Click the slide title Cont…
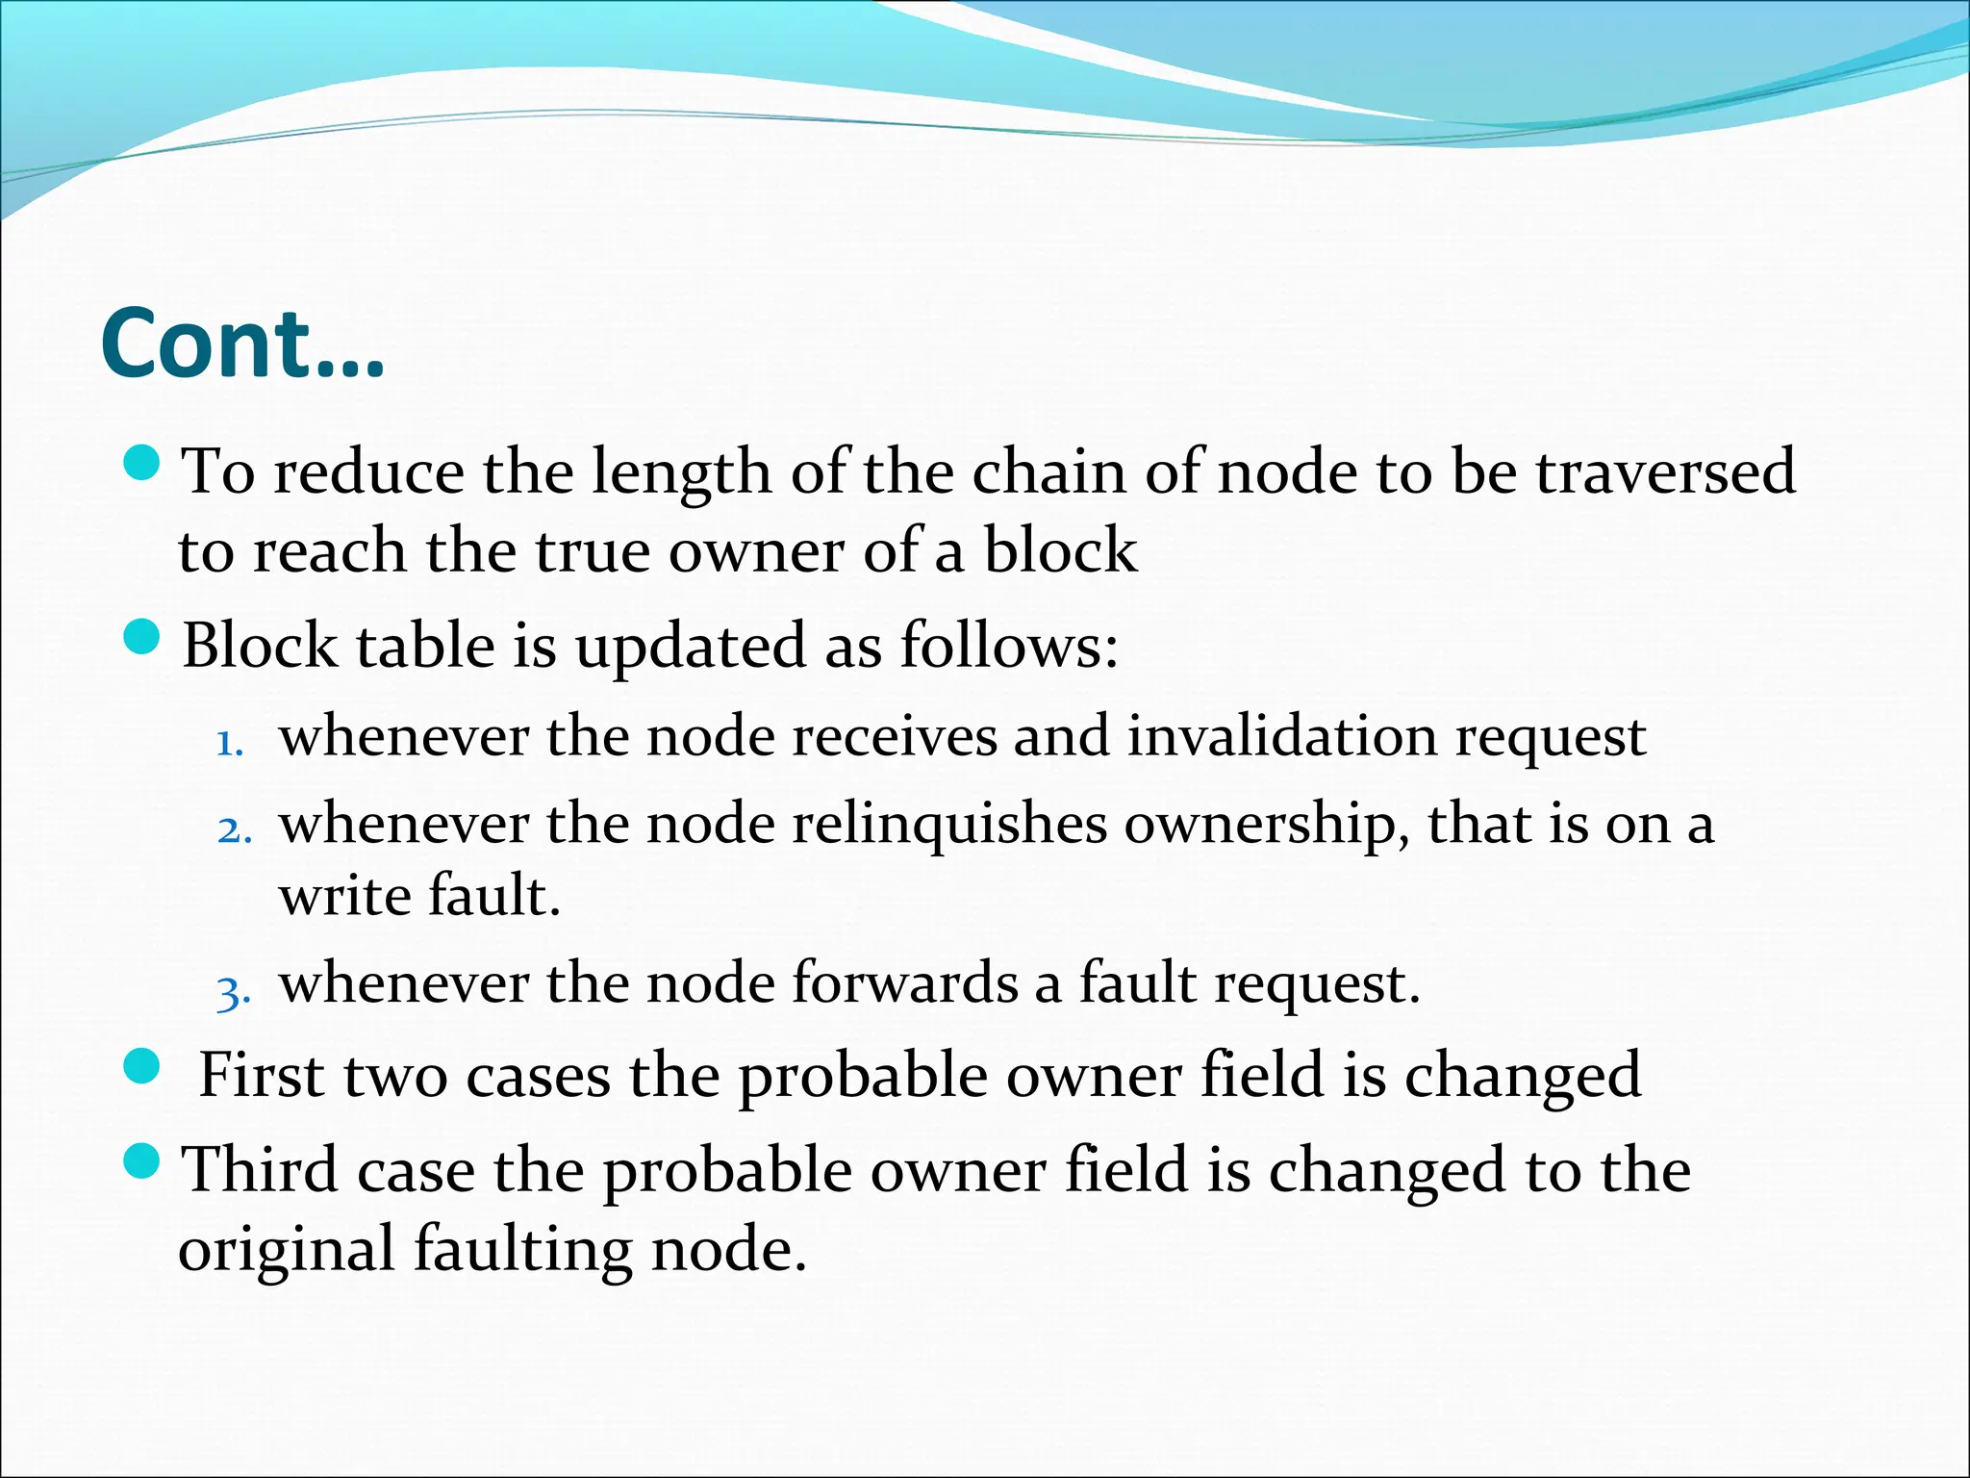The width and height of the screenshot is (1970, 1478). [242, 344]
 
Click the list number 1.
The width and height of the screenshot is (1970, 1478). [230, 742]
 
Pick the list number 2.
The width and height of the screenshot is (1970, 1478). [234, 829]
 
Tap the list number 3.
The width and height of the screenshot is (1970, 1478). [234, 990]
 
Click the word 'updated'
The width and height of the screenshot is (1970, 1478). [690, 647]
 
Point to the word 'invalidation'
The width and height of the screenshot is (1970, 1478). [1282, 736]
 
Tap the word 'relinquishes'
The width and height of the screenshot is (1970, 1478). [949, 825]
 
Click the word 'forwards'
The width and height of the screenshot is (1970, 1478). [905, 983]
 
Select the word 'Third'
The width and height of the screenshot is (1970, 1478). [260, 1170]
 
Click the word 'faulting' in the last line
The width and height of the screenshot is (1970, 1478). [522, 1250]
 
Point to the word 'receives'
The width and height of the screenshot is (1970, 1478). [894, 736]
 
